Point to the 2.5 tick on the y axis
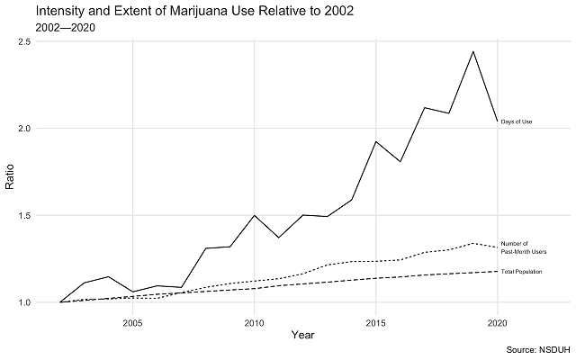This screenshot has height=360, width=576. click(23, 42)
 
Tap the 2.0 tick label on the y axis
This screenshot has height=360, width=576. click(23, 129)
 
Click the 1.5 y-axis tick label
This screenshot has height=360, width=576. click(23, 216)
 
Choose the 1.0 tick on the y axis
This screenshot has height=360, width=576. click(23, 302)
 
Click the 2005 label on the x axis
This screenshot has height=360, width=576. click(132, 320)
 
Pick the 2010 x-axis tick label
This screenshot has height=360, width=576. click(255, 320)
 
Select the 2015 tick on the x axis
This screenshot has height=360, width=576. click(376, 320)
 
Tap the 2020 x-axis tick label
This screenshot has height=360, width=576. click(498, 320)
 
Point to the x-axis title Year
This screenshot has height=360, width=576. click(302, 335)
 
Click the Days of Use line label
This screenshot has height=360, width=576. click(517, 121)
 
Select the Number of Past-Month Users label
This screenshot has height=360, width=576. click(522, 247)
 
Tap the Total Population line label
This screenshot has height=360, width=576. click(521, 271)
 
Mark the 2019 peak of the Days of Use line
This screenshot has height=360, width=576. click(473, 51)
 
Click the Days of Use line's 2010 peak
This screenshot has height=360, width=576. click(255, 216)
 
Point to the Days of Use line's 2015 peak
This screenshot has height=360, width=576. click(376, 142)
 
